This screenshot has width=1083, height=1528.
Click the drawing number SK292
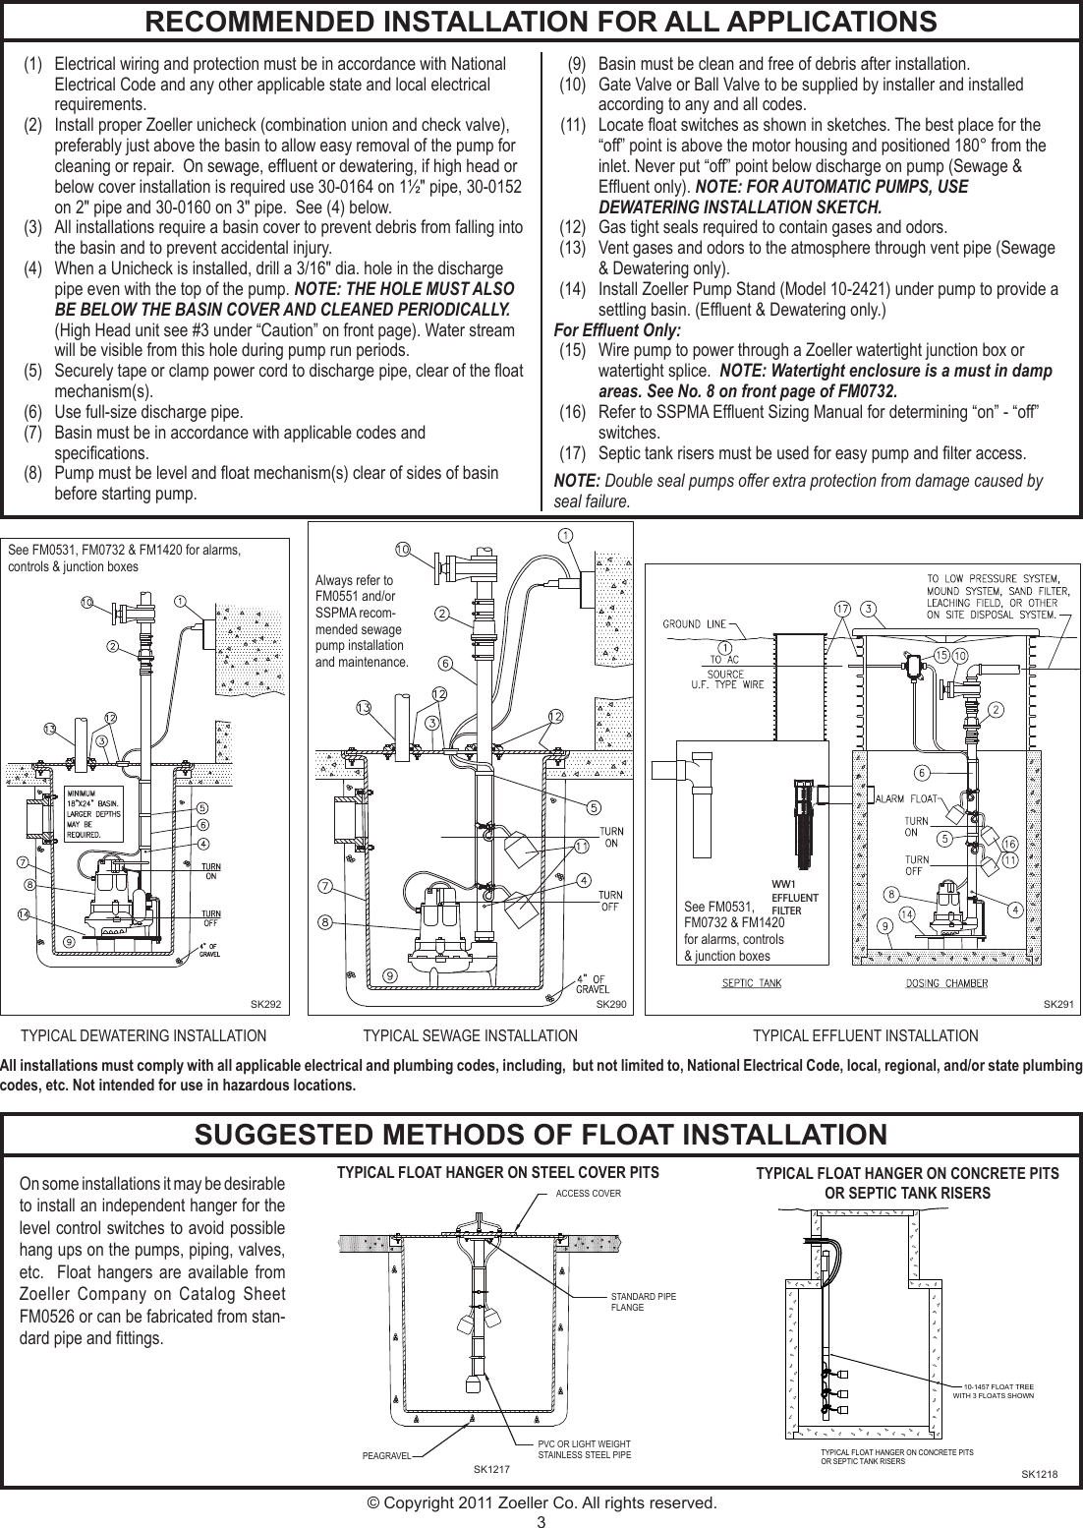pos(265,1004)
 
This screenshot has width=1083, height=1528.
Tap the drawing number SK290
pos(611,1004)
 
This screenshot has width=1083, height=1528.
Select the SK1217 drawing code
pos(492,1469)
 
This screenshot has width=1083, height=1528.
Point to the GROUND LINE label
pos(695,623)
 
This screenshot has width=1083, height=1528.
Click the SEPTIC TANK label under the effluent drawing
pos(752,983)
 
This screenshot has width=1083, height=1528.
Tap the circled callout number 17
pos(842,610)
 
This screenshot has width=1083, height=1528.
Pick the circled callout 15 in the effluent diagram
pos(940,656)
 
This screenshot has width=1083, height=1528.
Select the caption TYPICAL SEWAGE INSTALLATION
pos(470,1035)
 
